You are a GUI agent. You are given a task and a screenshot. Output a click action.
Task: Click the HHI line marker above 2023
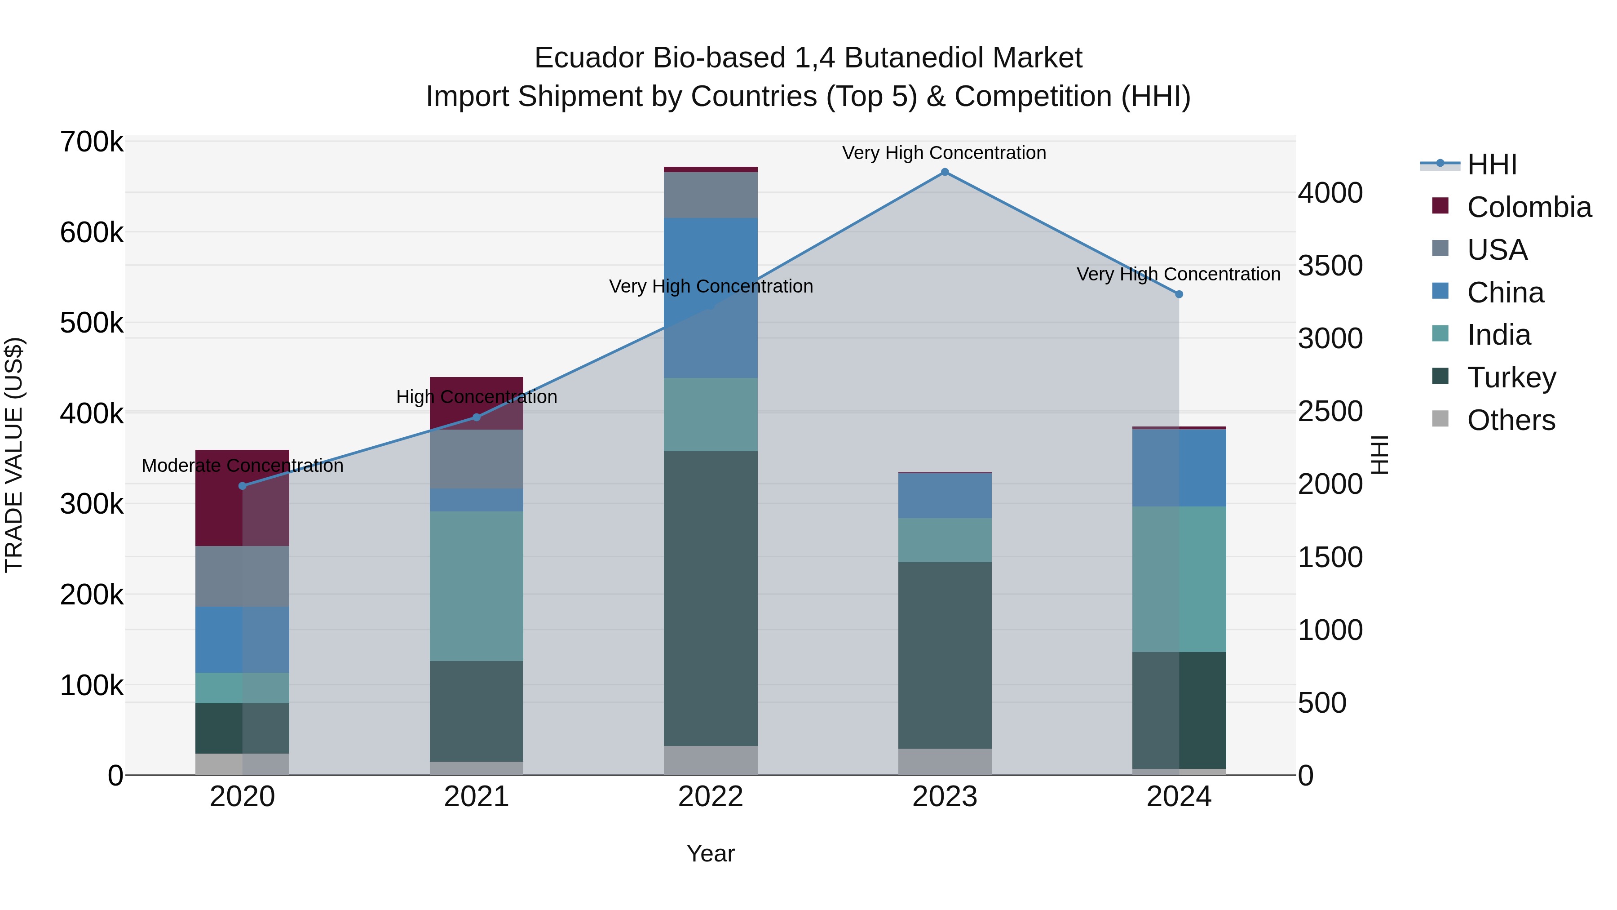(945, 172)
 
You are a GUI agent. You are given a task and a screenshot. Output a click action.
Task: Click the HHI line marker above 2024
(1179, 294)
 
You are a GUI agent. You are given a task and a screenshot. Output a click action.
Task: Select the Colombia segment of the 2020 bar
(242, 498)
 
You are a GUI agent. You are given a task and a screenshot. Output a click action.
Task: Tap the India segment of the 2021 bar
(477, 586)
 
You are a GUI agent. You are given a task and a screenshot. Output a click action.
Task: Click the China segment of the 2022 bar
(711, 297)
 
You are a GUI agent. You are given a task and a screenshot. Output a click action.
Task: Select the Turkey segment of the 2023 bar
(945, 655)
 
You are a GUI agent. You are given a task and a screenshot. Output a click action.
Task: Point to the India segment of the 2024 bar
(1179, 579)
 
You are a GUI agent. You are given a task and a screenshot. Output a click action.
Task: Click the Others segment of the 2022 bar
(711, 760)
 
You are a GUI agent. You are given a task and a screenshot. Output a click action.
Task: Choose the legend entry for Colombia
(1529, 207)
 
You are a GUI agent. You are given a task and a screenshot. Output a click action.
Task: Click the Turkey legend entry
(1511, 377)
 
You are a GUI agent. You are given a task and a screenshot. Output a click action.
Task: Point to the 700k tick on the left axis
(92, 142)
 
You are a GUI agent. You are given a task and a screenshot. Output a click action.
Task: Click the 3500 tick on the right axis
(1330, 266)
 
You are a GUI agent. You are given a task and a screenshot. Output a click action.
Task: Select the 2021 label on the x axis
(477, 797)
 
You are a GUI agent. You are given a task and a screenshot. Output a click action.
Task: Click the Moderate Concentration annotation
(242, 466)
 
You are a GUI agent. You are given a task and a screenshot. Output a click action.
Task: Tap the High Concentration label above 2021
(477, 397)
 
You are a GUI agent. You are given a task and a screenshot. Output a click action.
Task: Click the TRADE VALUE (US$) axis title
(14, 455)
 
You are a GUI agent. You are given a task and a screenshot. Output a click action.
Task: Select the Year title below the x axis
(711, 853)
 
